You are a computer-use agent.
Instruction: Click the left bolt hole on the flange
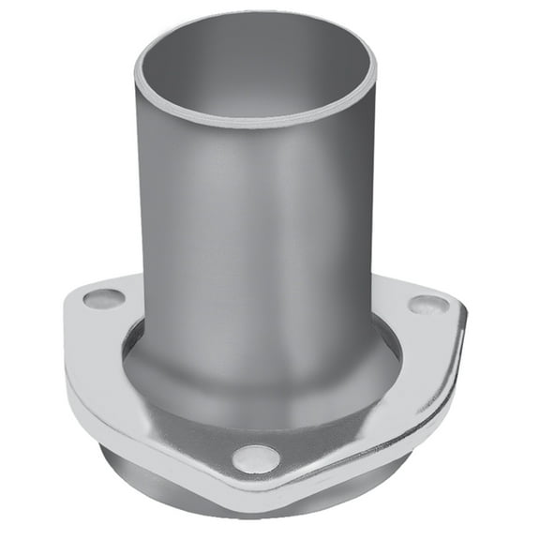point(103,300)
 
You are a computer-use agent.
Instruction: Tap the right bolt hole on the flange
point(428,305)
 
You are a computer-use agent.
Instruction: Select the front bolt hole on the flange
point(256,458)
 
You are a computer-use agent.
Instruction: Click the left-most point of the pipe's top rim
point(136,70)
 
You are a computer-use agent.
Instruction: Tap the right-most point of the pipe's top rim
point(376,70)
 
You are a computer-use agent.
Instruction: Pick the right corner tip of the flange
point(466,307)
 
